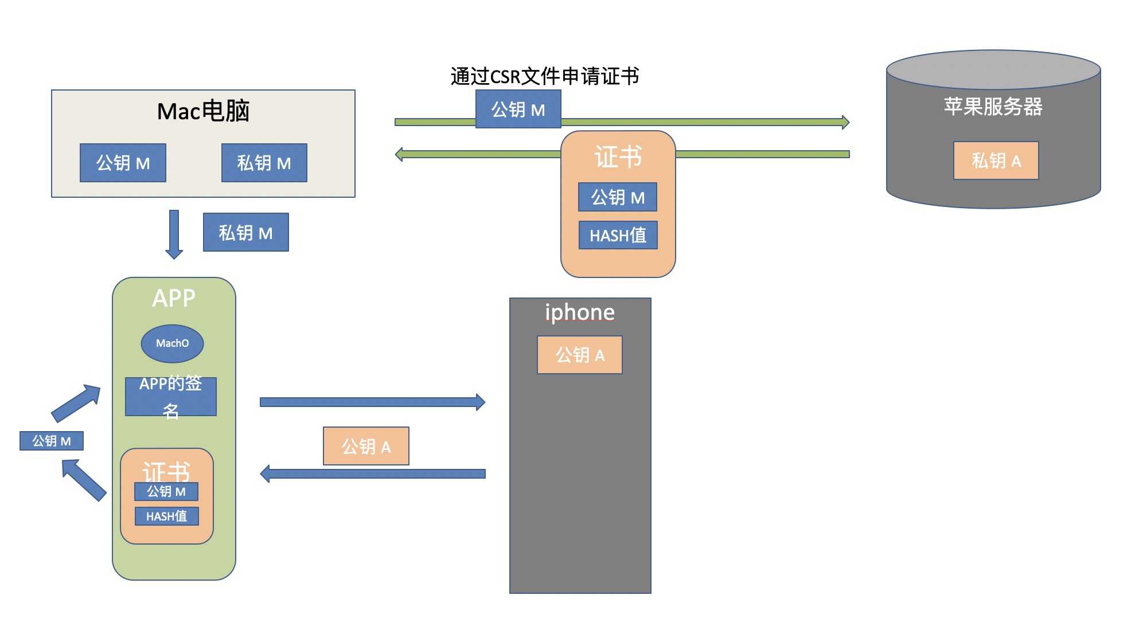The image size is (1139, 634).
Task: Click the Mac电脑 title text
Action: pyautogui.click(x=203, y=111)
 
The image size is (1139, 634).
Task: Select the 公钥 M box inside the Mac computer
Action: pyautogui.click(x=123, y=163)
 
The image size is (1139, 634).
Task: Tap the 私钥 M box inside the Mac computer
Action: pyautogui.click(x=264, y=163)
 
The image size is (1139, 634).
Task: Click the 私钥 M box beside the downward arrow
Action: pyautogui.click(x=245, y=233)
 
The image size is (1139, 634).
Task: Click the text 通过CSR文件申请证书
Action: pyautogui.click(x=544, y=76)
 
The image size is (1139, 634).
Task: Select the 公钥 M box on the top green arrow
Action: pyautogui.click(x=518, y=109)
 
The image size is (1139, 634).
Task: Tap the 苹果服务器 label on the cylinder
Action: pyautogui.click(x=993, y=107)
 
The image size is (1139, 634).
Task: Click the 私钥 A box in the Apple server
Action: pyautogui.click(x=996, y=161)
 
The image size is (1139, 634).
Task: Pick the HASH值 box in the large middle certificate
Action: pyautogui.click(x=618, y=236)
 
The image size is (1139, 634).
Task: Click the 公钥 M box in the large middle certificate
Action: pyautogui.click(x=618, y=198)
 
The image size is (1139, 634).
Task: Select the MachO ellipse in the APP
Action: pyautogui.click(x=172, y=343)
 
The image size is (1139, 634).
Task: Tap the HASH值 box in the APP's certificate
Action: pyautogui.click(x=166, y=516)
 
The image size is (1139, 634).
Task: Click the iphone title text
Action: pyautogui.click(x=579, y=312)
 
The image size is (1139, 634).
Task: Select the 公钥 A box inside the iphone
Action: pyautogui.click(x=579, y=355)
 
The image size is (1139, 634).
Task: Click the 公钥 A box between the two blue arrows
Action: pyautogui.click(x=366, y=447)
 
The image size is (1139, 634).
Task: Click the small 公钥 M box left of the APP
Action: pyautogui.click(x=52, y=441)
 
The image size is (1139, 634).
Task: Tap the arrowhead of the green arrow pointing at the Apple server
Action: pyautogui.click(x=845, y=122)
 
